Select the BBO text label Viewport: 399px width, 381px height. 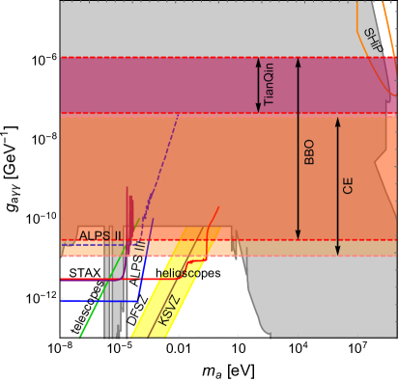pos(309,152)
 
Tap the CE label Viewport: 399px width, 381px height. pos(348,185)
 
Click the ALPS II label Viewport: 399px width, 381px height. pos(100,235)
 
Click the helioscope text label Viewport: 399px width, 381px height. pos(180,273)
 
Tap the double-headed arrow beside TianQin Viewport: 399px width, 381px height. pos(257,85)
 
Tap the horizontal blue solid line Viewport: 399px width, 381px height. pos(82,300)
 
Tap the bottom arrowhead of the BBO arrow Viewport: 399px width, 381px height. pos(298,234)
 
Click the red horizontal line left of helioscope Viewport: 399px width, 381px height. pos(87,279)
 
